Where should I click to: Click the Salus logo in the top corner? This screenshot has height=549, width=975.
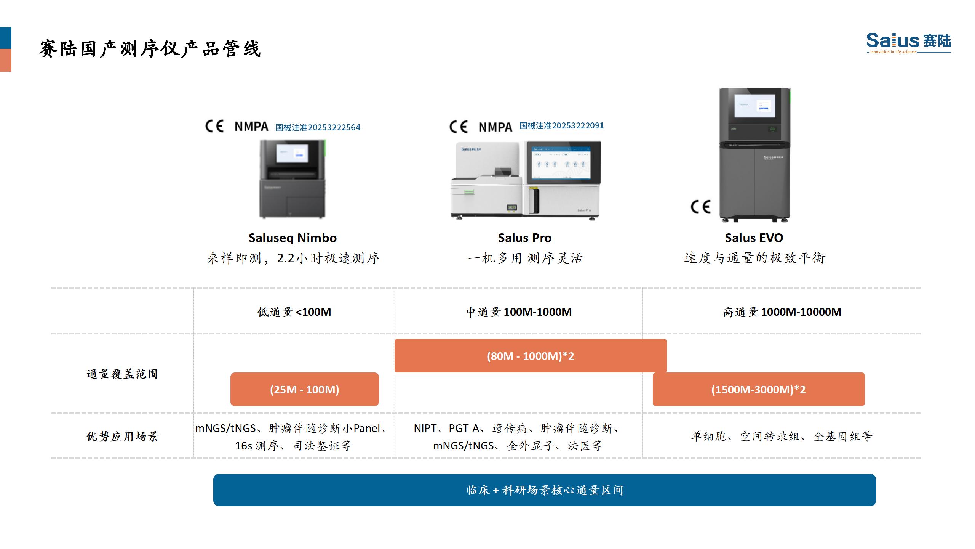click(x=908, y=42)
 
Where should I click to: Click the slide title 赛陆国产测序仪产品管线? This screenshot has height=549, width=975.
click(x=150, y=49)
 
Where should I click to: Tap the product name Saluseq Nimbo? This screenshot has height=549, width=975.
click(x=292, y=238)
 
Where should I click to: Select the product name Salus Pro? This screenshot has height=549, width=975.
click(x=524, y=238)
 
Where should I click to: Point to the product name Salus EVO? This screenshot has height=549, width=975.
click(x=754, y=238)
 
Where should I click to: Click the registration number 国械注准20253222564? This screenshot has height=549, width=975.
click(x=318, y=127)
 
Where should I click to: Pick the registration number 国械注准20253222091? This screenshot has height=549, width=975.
click(x=561, y=126)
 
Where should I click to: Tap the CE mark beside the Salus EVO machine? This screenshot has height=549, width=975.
click(x=700, y=207)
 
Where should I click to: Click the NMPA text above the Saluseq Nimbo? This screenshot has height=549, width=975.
click(x=251, y=127)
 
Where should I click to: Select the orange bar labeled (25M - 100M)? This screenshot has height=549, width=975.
click(x=304, y=389)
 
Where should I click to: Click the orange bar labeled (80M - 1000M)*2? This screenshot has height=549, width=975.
click(x=530, y=356)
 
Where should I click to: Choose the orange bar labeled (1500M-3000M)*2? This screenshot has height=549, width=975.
click(x=758, y=389)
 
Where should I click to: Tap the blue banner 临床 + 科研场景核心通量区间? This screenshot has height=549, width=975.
click(x=544, y=490)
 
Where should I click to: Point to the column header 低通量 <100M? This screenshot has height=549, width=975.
click(x=294, y=312)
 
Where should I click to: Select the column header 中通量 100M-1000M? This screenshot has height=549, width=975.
click(x=519, y=312)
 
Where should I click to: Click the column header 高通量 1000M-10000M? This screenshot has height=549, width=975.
click(x=782, y=312)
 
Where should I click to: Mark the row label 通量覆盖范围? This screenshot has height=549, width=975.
click(x=122, y=374)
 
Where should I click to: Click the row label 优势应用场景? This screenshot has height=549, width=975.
click(x=122, y=436)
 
